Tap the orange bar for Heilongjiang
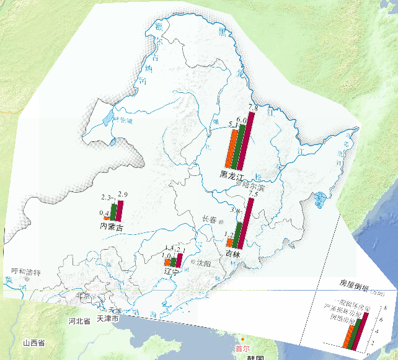click(229, 149)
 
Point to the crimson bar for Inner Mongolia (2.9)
click(120, 209)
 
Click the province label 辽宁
click(171, 272)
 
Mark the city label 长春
click(211, 219)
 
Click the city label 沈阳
click(204, 263)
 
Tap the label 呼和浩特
click(26, 272)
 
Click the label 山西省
click(33, 343)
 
